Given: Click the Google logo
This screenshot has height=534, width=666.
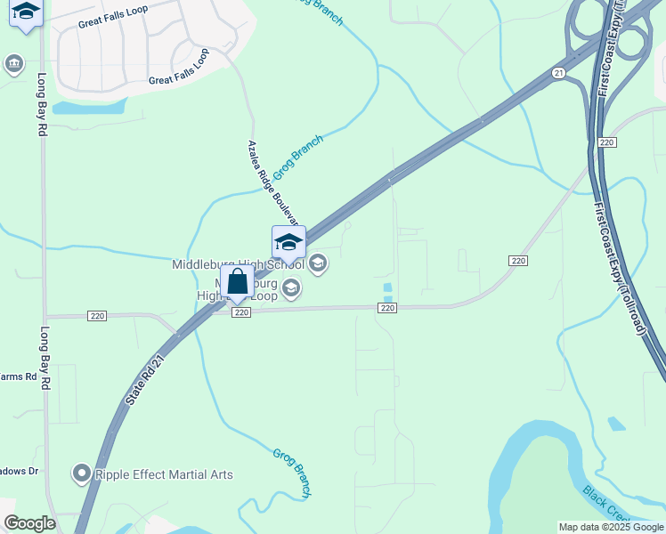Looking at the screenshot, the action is coord(29,523).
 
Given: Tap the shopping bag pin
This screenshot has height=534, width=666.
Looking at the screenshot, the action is coord(238,283).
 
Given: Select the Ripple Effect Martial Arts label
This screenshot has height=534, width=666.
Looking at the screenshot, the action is coord(164,474).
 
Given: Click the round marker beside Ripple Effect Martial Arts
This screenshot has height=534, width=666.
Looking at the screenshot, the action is coord(83,473).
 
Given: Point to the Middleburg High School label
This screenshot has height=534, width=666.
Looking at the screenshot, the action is coord(238,264).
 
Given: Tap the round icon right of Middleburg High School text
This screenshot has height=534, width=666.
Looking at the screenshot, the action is coord(318,263).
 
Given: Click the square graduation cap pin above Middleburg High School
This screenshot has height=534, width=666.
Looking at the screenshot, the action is coord(288,242).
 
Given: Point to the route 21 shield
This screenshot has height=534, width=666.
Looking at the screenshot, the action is coord(558,73).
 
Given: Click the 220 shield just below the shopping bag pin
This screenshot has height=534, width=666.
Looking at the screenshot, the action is coord(240,312).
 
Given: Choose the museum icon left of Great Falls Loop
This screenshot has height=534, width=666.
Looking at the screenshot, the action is coord(14,63).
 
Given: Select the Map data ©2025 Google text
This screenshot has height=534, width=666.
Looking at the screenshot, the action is coord(611,527).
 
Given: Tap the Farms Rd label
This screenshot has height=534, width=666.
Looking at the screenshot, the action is coord(19,376).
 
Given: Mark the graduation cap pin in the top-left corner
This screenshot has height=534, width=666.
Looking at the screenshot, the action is coord(26,12).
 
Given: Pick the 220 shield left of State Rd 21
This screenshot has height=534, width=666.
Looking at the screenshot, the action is coord(97,316).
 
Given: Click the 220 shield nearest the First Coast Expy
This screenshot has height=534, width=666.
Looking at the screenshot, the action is coord(607,142).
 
